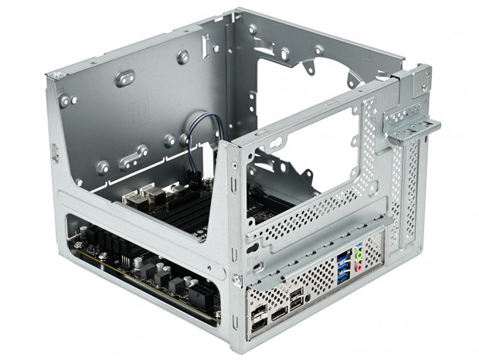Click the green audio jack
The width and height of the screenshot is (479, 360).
tap(358, 252)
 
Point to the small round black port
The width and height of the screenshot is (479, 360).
tap(307, 295)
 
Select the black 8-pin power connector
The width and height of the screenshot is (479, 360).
tap(198, 293)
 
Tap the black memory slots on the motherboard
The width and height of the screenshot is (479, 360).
tap(185, 213)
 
